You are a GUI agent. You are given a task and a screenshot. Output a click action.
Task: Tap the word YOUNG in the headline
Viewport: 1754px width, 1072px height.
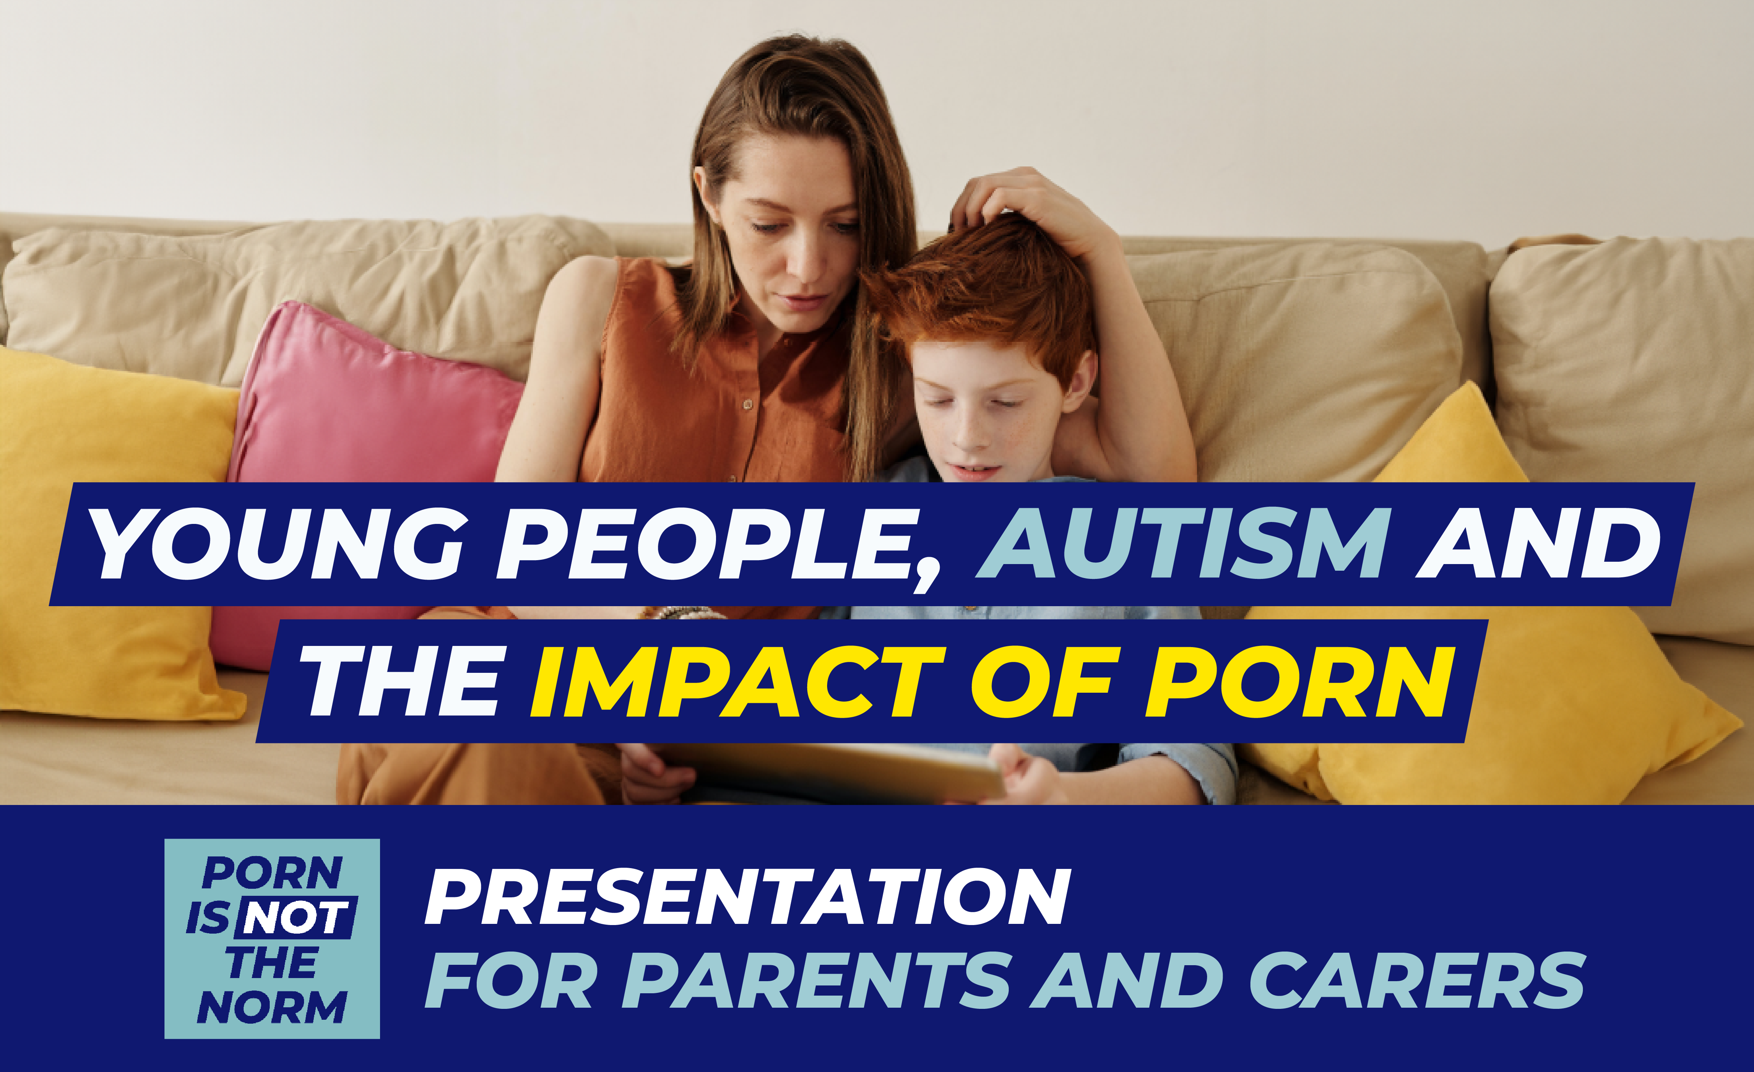coord(278,544)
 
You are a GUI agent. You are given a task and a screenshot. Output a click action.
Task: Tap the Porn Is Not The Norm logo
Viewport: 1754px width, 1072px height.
coord(272,938)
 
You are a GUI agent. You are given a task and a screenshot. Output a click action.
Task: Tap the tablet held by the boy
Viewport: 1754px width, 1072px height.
coord(833,772)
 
